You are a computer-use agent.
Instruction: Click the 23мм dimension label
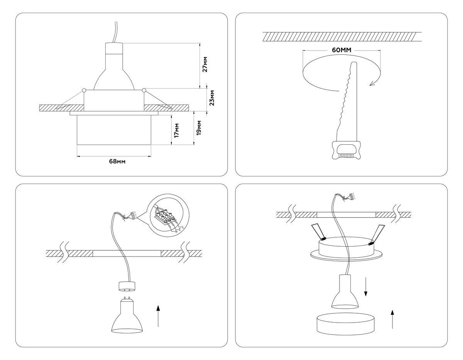pyautogui.click(x=212, y=98)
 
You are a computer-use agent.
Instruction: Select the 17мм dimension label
pyautogui.click(x=176, y=130)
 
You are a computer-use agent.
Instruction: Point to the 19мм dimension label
pyautogui.click(x=199, y=128)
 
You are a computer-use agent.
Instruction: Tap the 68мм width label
pyautogui.click(x=117, y=161)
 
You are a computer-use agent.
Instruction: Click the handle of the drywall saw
pyautogui.click(x=346, y=149)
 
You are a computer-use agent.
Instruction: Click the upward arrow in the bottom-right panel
pyautogui.click(x=392, y=319)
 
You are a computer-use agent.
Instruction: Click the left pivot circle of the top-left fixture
pyautogui.click(x=84, y=91)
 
